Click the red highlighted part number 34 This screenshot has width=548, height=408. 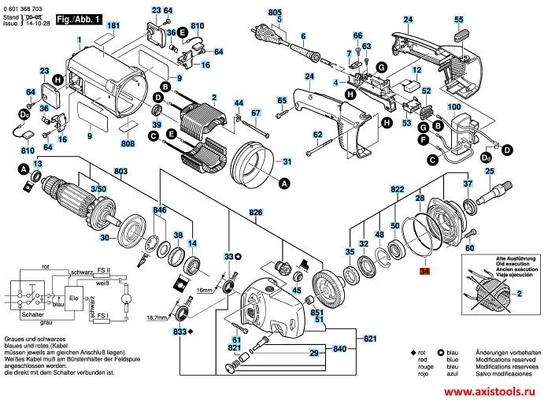(x=425, y=271)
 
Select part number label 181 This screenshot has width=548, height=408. (x=113, y=26)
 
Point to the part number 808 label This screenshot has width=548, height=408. (x=128, y=144)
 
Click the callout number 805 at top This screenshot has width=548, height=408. (x=274, y=13)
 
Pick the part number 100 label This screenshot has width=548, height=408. (x=454, y=106)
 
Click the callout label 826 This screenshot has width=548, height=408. (x=256, y=213)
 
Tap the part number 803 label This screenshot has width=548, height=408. (x=120, y=172)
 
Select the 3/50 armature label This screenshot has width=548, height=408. (x=98, y=190)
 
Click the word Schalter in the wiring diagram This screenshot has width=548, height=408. (x=33, y=313)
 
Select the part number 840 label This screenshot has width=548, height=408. (x=339, y=347)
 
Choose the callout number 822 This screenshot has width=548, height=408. (x=397, y=189)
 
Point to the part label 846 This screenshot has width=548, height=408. (x=160, y=212)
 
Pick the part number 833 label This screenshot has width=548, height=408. (x=180, y=332)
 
